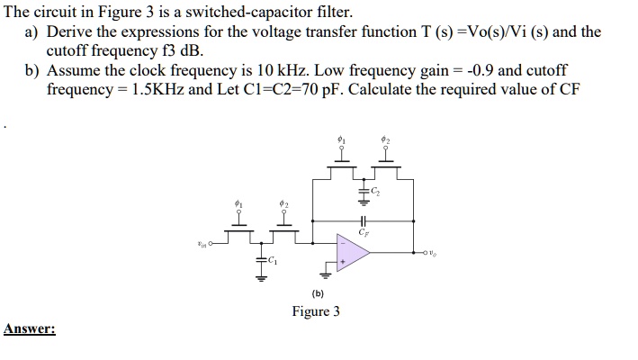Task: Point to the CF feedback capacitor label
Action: click(364, 232)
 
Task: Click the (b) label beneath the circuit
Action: click(318, 293)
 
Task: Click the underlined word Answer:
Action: click(29, 329)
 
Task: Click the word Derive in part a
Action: click(67, 32)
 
